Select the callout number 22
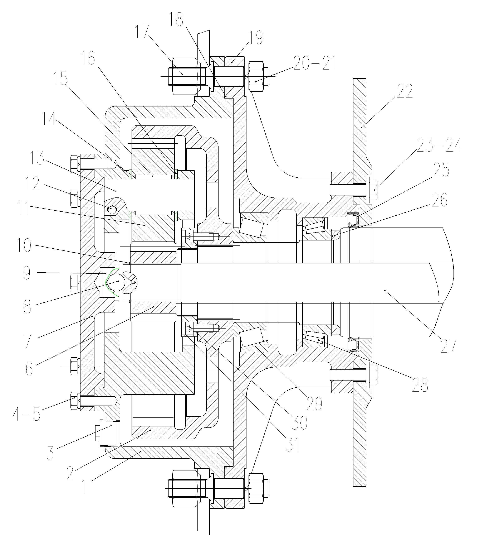coord(405,91)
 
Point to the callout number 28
coord(420,384)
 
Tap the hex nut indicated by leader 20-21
coord(256,77)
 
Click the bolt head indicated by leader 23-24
coord(373,189)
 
